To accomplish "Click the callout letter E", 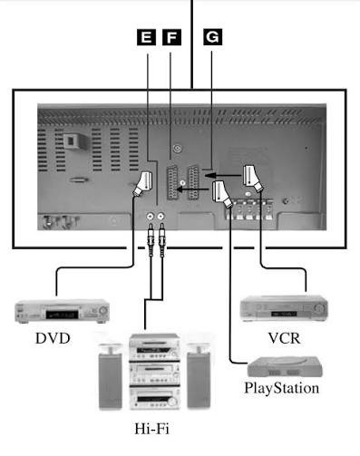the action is click(x=146, y=37).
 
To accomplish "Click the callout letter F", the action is click(x=171, y=37).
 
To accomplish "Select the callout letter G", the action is click(x=212, y=37).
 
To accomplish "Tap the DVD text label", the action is click(x=53, y=338).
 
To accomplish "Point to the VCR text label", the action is click(x=285, y=338).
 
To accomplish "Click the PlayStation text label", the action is click(x=282, y=388).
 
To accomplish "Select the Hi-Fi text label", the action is click(x=151, y=429).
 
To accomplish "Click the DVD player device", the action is click(x=62, y=311).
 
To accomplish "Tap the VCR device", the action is click(x=284, y=308).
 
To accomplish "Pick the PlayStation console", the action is click(x=285, y=366).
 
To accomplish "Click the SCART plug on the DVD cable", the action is click(x=143, y=183).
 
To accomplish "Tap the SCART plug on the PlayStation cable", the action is click(x=222, y=194).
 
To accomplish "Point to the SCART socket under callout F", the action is click(x=172, y=183).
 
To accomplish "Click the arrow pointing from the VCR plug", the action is click(x=224, y=175).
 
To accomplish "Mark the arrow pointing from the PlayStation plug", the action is click(x=192, y=189).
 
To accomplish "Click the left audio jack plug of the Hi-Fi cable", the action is click(x=151, y=238).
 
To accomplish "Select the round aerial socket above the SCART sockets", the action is click(x=178, y=149).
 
